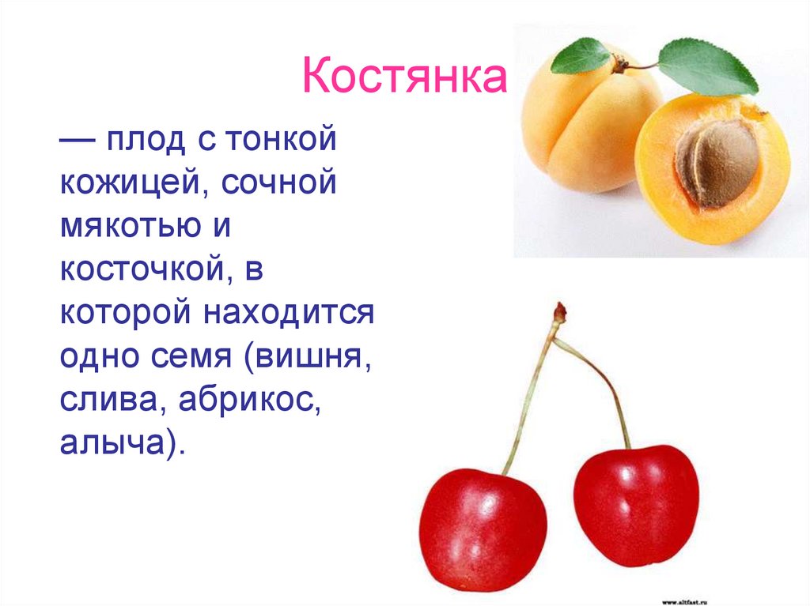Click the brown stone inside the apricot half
point(717,161)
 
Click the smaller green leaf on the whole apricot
point(581,55)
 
